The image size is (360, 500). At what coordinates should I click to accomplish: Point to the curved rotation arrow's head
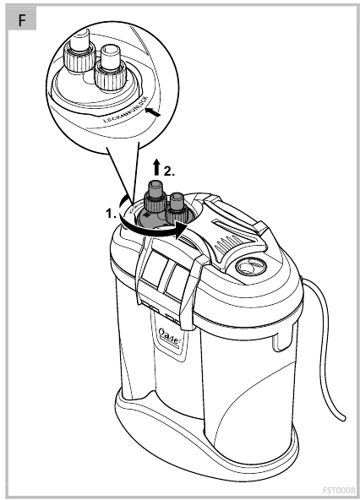[x=180, y=226]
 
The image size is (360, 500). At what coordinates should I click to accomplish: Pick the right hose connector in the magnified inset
[x=110, y=68]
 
